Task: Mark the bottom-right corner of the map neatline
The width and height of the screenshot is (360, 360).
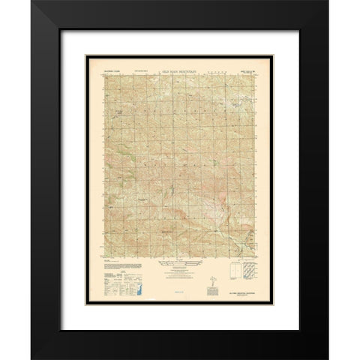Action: coord(256,258)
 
